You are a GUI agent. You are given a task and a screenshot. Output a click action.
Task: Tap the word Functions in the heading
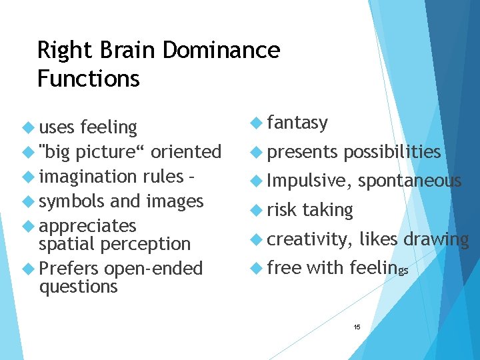pos(88,79)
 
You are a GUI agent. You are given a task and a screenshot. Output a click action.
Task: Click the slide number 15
pos(357,327)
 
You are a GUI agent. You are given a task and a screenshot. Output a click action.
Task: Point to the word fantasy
pos(297,123)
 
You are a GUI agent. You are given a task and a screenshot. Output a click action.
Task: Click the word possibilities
pos(392,152)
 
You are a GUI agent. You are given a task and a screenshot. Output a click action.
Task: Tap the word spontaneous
pos(409,181)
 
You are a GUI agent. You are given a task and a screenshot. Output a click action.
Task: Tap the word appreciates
pos(87,225)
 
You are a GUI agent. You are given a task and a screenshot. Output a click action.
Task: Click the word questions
pos(78,287)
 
